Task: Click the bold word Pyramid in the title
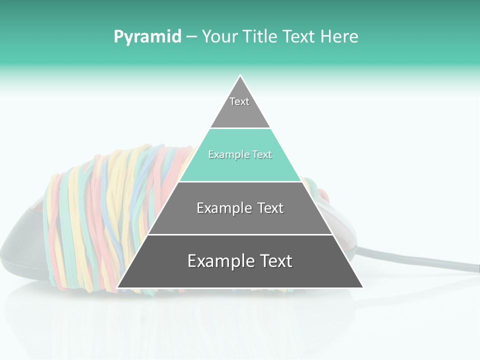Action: click(x=147, y=37)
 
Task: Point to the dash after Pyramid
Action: click(x=191, y=37)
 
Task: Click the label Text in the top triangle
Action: click(x=239, y=102)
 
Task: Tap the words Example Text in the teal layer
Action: click(x=240, y=155)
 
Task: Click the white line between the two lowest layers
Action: click(x=240, y=234)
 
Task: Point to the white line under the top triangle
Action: click(x=240, y=128)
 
